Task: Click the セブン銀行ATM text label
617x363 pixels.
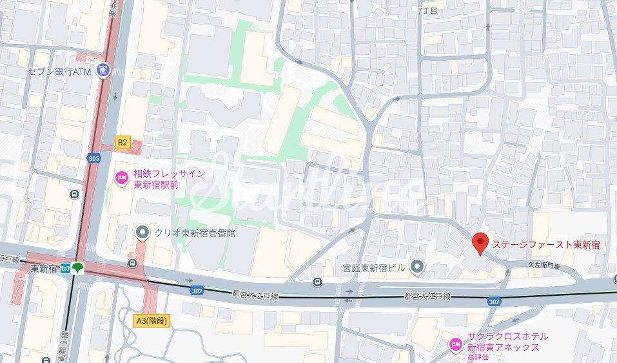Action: pos(60,72)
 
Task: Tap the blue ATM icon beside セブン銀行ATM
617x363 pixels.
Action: pos(103,71)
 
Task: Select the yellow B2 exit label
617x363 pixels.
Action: pos(122,141)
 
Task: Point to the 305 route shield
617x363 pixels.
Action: pos(94,157)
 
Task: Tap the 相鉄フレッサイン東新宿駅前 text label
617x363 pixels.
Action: pos(169,179)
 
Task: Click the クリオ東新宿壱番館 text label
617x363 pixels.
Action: pos(195,233)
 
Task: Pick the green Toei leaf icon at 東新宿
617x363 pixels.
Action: pos(78,268)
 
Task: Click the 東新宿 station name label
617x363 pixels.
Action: pos(44,269)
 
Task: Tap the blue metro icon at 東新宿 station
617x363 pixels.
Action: pos(65,269)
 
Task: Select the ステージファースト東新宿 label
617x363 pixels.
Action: pos(546,245)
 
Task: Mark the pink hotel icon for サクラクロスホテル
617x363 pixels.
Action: pos(456,343)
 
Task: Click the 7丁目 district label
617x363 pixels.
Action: pos(427,10)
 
